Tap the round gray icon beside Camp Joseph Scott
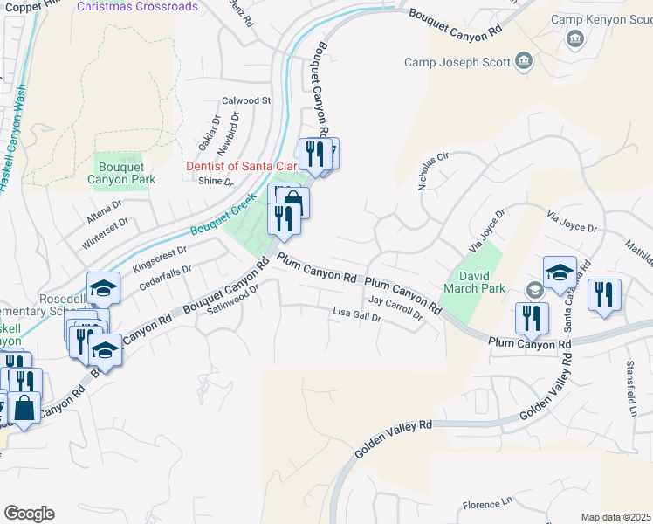pyautogui.click(x=524, y=61)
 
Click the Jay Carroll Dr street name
pyautogui.click(x=395, y=307)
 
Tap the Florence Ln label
pyautogui.click(x=486, y=504)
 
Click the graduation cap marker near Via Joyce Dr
pyautogui.click(x=559, y=272)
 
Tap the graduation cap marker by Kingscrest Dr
pyautogui.click(x=103, y=287)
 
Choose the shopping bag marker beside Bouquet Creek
pyautogui.click(x=293, y=202)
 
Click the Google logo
pyautogui.click(x=29, y=514)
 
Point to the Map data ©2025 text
pyautogui.click(x=615, y=517)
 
